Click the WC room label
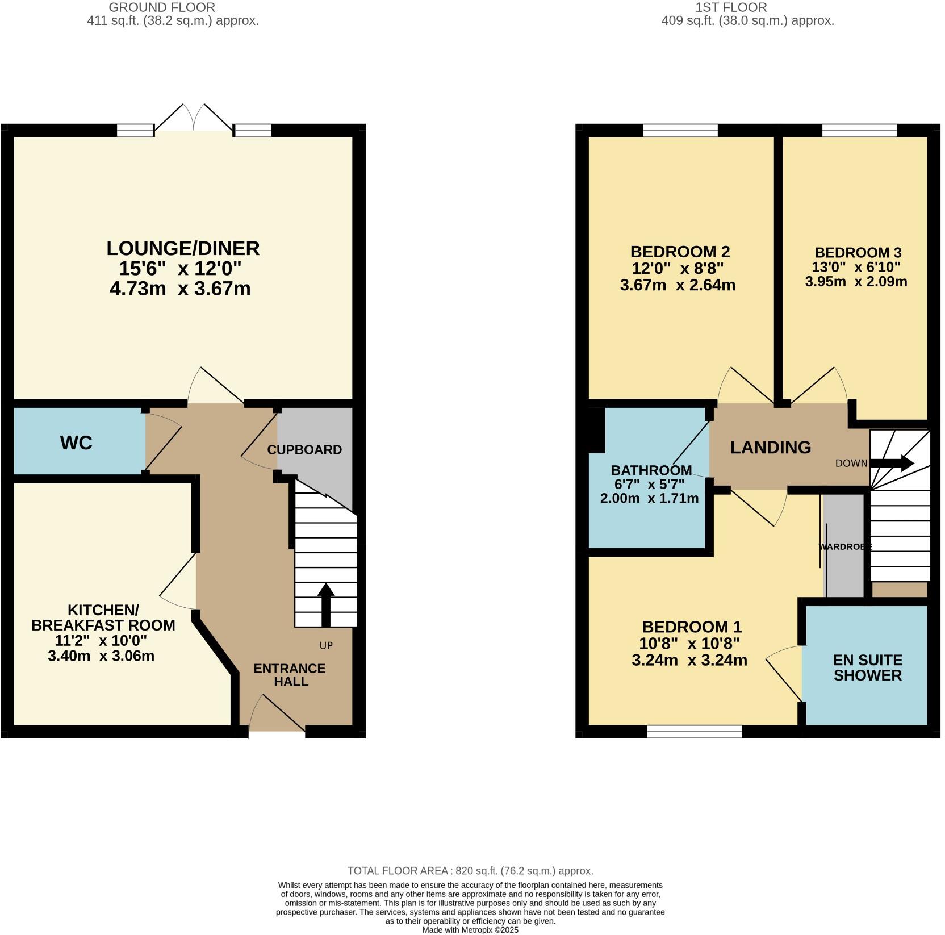(76, 443)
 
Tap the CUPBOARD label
(304, 450)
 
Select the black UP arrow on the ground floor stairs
(326, 604)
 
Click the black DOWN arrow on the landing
(892, 463)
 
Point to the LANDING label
(770, 448)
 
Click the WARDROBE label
(845, 546)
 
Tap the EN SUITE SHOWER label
(867, 667)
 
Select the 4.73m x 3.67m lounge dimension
(180, 289)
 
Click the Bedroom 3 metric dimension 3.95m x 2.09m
(856, 281)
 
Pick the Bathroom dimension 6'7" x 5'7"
(649, 485)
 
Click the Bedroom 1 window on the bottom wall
(694, 732)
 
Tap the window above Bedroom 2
(680, 131)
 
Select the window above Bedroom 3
(859, 131)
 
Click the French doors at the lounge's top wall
(194, 119)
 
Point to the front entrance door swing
(277, 713)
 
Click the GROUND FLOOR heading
(162, 7)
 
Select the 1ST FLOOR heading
(731, 7)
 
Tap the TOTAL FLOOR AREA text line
(470, 871)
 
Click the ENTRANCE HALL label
(290, 675)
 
